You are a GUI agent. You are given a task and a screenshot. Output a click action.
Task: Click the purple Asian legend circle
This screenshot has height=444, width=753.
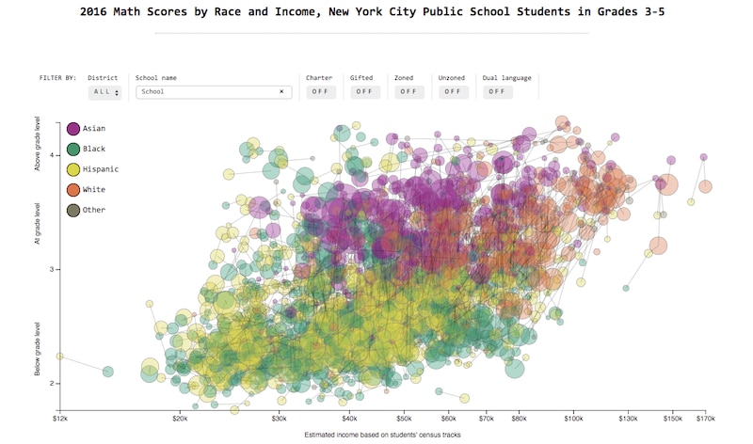[73, 128]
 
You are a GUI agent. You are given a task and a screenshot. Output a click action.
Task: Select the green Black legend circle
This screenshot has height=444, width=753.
[73, 149]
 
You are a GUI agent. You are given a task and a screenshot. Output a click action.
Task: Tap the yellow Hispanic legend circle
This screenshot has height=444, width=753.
[73, 169]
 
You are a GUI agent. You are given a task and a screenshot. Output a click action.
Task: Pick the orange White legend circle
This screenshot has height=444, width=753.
[73, 190]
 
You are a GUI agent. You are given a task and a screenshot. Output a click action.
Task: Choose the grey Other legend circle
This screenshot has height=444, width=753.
[73, 210]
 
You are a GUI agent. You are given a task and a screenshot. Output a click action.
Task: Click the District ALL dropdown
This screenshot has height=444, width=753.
[104, 92]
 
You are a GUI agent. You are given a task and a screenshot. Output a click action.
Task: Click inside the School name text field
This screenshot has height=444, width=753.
[207, 92]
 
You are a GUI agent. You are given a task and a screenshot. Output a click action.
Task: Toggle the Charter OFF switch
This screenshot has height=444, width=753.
[319, 92]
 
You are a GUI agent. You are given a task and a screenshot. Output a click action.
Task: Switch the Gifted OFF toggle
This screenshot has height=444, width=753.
[363, 92]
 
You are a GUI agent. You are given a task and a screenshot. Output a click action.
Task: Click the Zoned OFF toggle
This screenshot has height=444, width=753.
[408, 92]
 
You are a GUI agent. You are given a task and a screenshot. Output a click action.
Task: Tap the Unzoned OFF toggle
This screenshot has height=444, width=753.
[452, 92]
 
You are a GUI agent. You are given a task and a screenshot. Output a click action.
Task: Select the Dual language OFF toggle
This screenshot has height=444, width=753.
[496, 92]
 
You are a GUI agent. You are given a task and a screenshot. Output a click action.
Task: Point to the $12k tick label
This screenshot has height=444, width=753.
[59, 418]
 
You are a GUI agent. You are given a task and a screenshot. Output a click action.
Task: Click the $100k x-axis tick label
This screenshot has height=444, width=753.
[573, 418]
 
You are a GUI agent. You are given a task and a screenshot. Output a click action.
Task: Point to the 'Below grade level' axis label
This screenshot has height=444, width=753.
[39, 349]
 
